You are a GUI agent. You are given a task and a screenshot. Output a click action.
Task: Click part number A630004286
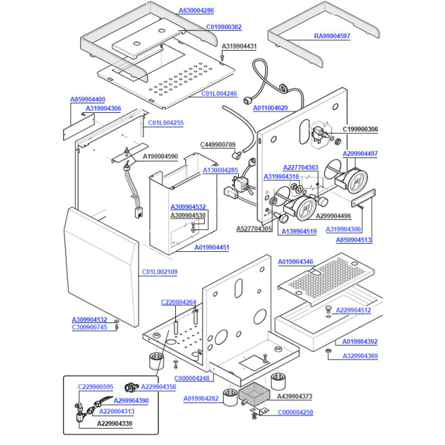coord(196,10)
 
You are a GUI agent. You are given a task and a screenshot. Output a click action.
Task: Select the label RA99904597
coord(332,36)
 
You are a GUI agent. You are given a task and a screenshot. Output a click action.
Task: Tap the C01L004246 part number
coord(219,94)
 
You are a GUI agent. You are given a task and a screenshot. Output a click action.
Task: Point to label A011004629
coord(270,108)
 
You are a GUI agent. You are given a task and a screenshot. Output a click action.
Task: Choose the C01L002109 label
coord(160,272)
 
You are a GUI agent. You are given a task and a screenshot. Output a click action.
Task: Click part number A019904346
coord(296,262)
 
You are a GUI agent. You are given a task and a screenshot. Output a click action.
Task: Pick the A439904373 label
coord(294,396)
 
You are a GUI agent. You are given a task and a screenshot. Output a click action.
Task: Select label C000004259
coord(296,412)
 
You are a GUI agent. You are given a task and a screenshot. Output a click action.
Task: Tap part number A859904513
coord(353,240)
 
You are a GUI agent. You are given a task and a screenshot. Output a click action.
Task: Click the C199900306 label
coord(360,129)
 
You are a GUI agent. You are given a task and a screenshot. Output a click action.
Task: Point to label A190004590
coord(160,157)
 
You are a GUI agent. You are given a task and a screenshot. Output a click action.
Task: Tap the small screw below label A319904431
coord(222,58)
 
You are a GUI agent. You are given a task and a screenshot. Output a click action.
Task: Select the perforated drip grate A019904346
coord(326,279)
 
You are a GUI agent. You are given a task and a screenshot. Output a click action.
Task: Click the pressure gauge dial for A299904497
coord(357,181)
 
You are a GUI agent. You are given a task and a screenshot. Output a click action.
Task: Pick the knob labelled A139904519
coord(283,218)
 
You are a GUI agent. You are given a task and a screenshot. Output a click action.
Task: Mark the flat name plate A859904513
coord(364,198)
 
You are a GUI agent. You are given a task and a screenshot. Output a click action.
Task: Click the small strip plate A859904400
coord(79,127)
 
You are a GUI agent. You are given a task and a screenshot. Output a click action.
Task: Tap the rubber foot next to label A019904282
coord(230,397)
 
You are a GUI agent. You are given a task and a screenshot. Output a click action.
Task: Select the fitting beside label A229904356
coord(131,387)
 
